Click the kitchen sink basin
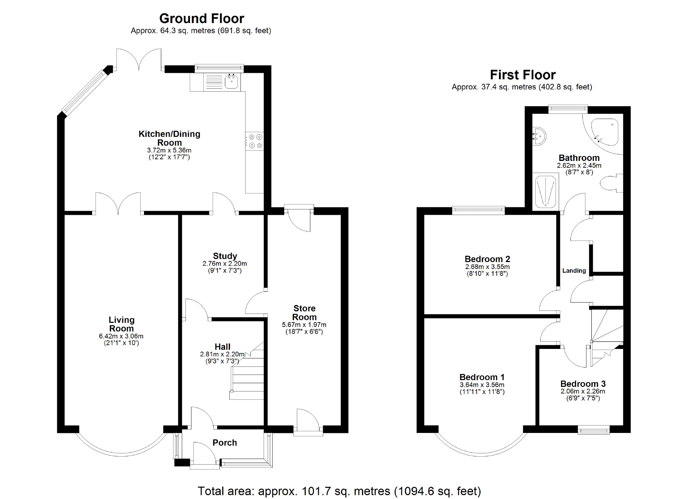pos(232,82)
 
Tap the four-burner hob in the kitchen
pos(255,141)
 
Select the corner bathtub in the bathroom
pos(605,133)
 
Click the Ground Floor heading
pos(202,18)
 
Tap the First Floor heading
pos(523,75)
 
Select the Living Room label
pos(121,324)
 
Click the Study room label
pos(225,256)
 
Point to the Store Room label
pos(304,313)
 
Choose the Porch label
pos(225,443)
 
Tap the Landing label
pos(574,271)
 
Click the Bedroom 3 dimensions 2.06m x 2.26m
pos(583,391)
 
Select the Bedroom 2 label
pos(487,259)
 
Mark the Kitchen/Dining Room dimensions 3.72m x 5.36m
pos(169,150)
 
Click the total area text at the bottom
pos(339,491)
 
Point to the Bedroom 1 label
pos(482,377)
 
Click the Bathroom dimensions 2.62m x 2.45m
pos(579,166)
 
